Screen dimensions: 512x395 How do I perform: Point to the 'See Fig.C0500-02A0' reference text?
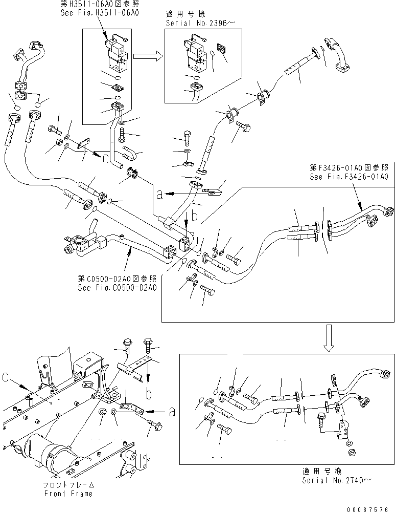click(x=117, y=287)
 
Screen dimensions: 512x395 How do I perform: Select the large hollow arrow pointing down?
click(x=329, y=339)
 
